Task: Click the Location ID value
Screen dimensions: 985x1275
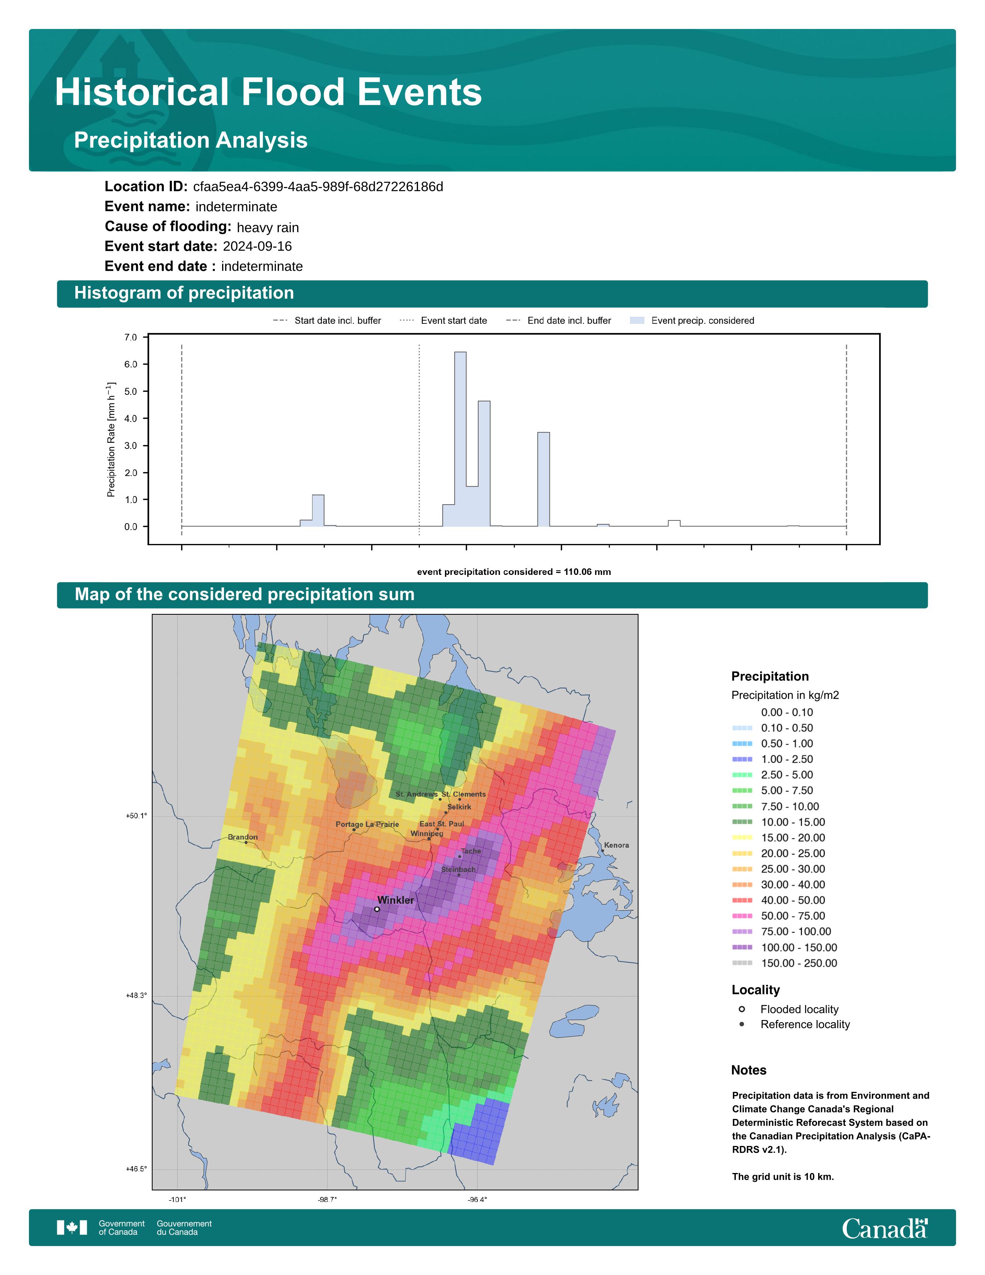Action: point(318,187)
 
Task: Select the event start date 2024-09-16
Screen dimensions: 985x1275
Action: point(257,246)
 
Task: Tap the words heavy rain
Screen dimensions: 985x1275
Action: point(268,228)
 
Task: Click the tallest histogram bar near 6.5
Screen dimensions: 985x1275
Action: point(460,439)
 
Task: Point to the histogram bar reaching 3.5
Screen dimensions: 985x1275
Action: point(543,479)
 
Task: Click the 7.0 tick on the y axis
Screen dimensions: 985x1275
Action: point(131,337)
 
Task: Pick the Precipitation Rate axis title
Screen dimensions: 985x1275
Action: point(111,440)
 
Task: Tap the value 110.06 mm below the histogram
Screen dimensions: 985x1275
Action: point(587,572)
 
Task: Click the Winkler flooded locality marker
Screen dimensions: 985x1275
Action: point(377,909)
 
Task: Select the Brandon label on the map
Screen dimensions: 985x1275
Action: point(243,837)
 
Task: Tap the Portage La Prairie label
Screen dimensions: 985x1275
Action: point(368,824)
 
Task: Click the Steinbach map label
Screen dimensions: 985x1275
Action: point(458,869)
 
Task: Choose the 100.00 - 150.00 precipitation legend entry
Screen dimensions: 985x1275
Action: point(785,947)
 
